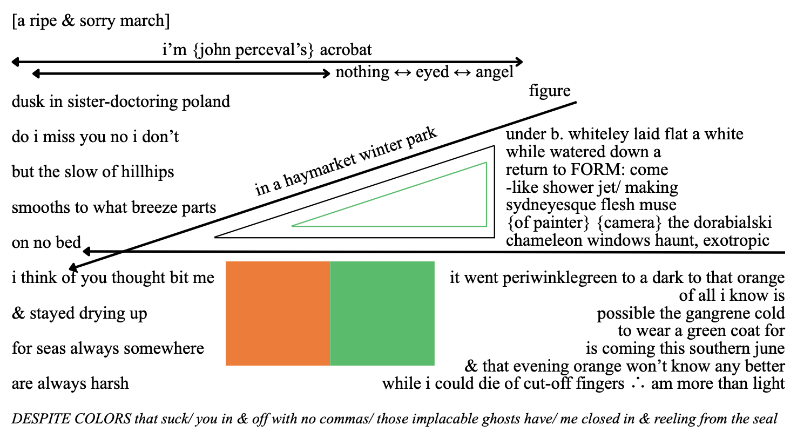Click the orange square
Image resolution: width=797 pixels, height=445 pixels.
pos(278,313)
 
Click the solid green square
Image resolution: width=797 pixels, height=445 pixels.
pos(382,313)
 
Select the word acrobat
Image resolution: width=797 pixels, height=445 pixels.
pos(346,50)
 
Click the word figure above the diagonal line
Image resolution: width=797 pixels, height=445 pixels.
pos(549,91)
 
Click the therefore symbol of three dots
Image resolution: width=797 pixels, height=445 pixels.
pos(637,384)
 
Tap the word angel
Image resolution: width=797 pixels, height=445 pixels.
pos(494,72)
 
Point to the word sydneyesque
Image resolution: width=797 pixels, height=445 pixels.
pos(549,205)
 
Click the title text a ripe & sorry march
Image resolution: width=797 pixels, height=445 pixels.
pos(91,21)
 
